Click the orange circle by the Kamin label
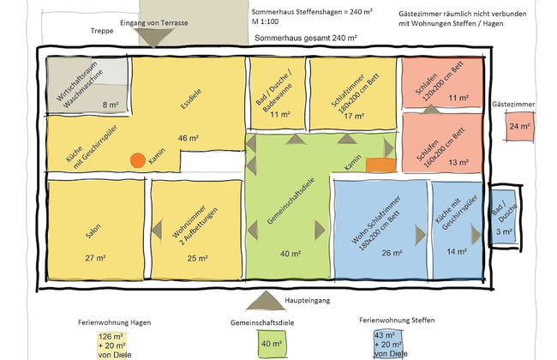pyautogui.click(x=137, y=159)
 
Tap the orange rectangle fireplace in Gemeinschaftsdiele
pyautogui.click(x=379, y=164)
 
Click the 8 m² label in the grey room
pyautogui.click(x=111, y=105)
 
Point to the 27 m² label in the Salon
pyautogui.click(x=94, y=258)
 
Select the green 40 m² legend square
pyautogui.click(x=272, y=345)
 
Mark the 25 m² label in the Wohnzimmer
pyautogui.click(x=197, y=258)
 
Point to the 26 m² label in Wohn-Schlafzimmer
pyautogui.click(x=391, y=253)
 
